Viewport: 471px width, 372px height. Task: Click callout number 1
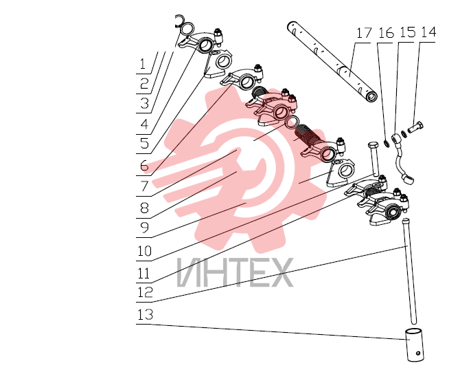[143, 64]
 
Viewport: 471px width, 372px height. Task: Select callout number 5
[144, 144]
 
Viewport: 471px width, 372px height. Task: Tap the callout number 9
[144, 228]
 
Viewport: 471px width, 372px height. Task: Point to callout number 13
[145, 314]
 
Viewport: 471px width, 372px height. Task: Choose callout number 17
[364, 33]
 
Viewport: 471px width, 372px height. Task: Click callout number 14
[428, 32]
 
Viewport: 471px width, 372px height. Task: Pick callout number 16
[386, 33]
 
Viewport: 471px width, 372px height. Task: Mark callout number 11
[143, 274]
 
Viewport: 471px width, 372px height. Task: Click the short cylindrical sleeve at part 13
[415, 345]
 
